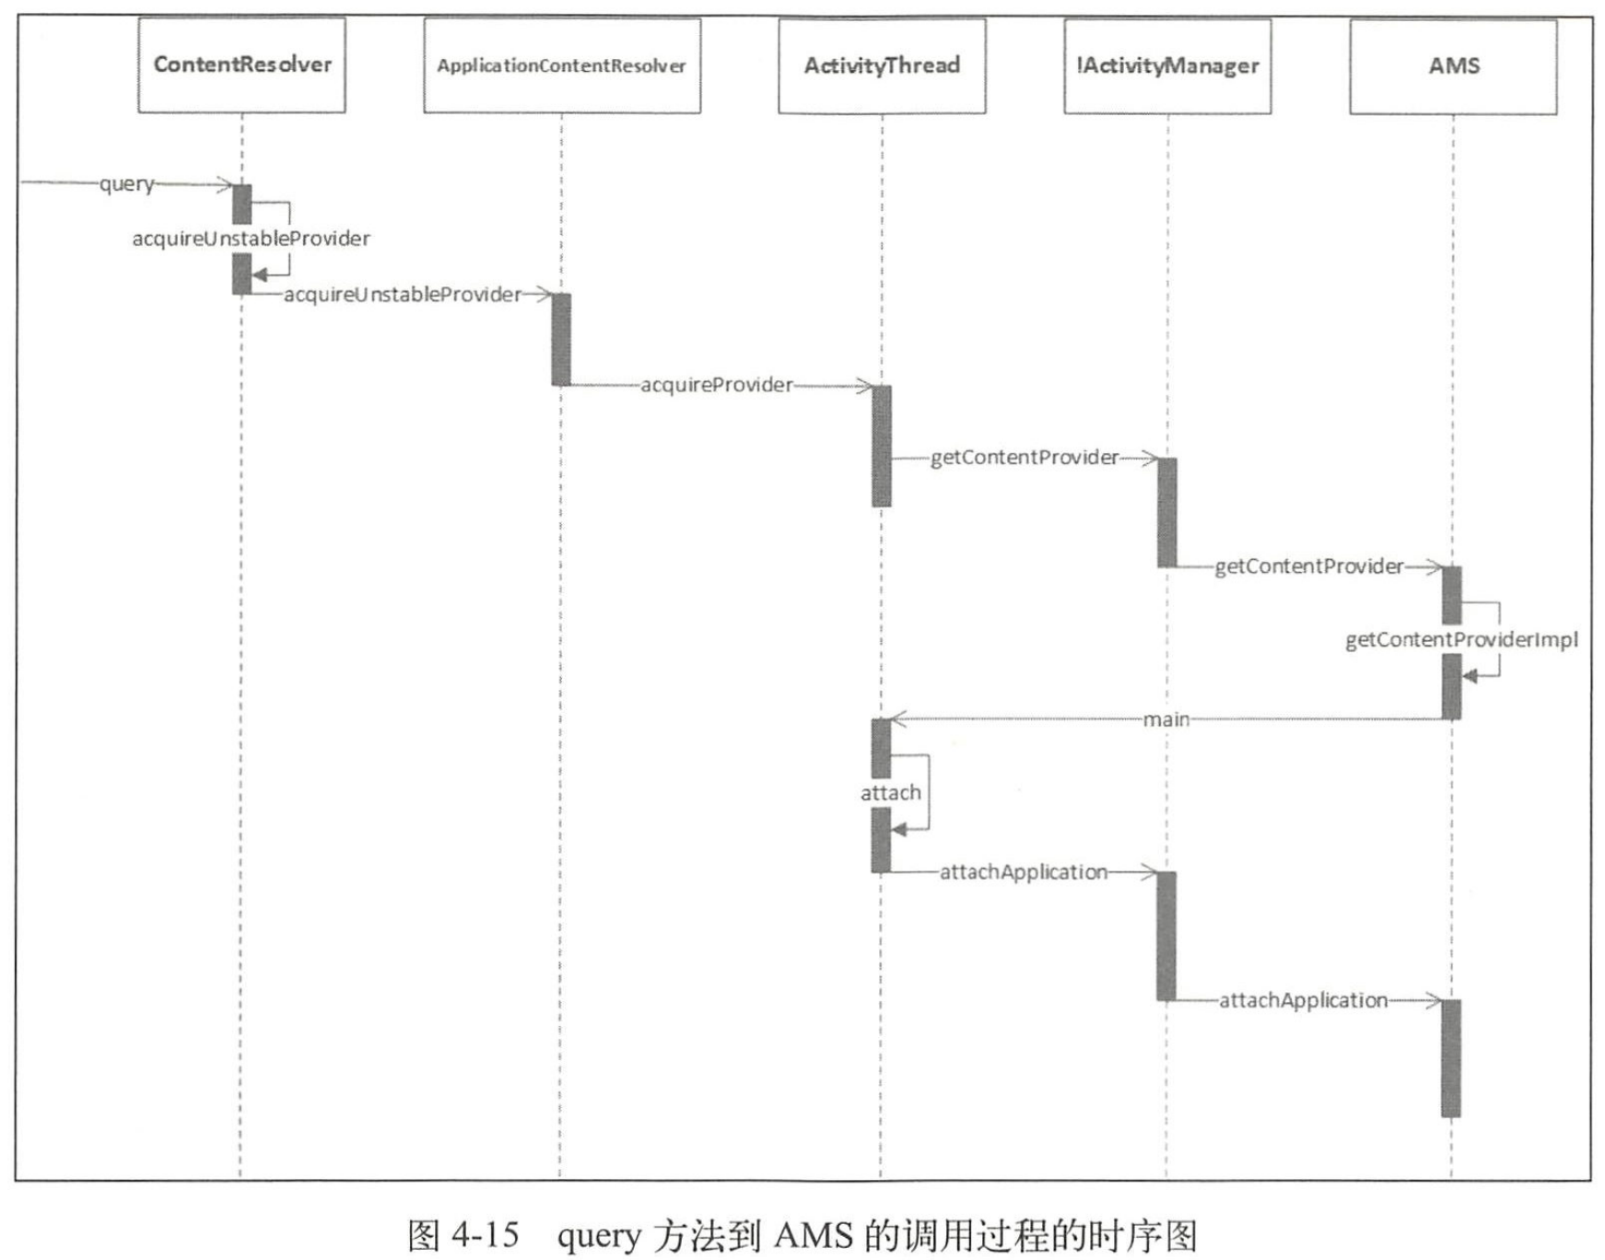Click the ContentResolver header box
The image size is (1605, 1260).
pos(241,64)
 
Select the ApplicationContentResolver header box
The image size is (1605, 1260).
pos(561,65)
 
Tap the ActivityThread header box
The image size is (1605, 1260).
pos(882,65)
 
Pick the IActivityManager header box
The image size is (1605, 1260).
pos(1167,65)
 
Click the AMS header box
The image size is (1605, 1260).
pos(1453,65)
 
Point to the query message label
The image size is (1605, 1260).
pos(126,183)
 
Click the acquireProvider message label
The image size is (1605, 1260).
pos(716,385)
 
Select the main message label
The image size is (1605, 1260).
pos(1166,719)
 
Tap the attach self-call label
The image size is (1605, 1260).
pos(890,792)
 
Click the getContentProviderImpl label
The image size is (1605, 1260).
pos(1460,639)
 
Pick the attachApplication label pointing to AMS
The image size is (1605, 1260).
pos(1303,1000)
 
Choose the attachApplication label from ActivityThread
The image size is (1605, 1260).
pos(1023,872)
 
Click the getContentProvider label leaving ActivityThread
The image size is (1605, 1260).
pos(1024,458)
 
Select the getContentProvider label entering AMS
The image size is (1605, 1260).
pos(1308,566)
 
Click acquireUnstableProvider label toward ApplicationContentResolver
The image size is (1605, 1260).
pos(402,295)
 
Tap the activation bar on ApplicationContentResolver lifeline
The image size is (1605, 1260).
pos(561,339)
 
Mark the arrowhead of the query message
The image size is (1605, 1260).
pos(225,184)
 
